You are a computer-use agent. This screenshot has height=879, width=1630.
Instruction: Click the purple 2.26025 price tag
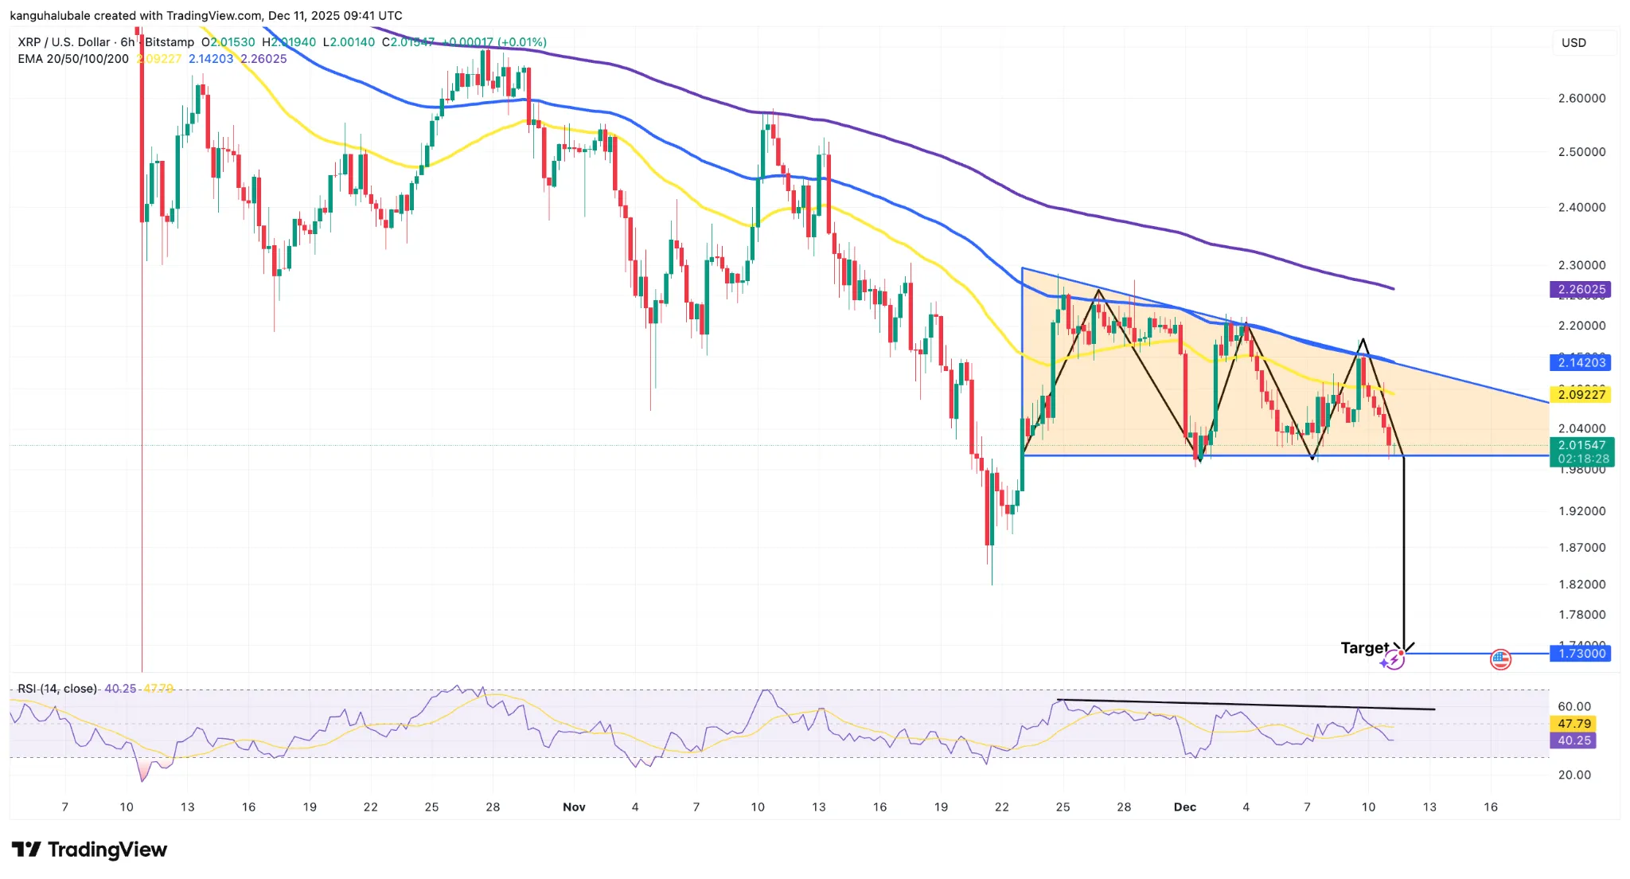(1581, 290)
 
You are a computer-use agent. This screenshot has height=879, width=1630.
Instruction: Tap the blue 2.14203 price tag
(1581, 363)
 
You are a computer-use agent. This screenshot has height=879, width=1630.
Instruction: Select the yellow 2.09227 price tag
(1581, 395)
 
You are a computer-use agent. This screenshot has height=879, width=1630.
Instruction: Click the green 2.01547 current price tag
(1581, 451)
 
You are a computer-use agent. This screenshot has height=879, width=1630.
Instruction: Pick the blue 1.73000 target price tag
(1581, 654)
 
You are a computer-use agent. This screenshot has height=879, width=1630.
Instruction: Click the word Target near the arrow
(1364, 648)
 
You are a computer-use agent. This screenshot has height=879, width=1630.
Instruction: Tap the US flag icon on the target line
(1500, 659)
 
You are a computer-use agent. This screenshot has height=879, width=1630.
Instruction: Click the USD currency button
(1573, 43)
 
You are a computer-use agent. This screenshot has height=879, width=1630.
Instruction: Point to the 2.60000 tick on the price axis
(1581, 99)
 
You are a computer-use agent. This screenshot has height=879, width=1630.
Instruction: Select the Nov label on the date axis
(574, 807)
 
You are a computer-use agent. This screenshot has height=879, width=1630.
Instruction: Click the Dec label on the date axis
(1184, 807)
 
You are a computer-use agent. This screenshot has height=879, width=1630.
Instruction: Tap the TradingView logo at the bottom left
(89, 850)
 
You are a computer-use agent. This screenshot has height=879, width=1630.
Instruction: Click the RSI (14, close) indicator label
(57, 689)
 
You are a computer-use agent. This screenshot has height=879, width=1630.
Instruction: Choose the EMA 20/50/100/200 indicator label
(73, 59)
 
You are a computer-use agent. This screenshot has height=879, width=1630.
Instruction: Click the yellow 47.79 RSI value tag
(1574, 724)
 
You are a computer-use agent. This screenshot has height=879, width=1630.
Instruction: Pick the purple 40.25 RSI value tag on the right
(1574, 740)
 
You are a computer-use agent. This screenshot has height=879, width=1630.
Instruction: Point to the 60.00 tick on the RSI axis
(1574, 706)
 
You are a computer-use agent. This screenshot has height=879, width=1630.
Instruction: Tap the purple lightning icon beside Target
(1392, 660)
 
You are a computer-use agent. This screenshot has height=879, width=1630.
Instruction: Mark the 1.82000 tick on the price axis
(1581, 584)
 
